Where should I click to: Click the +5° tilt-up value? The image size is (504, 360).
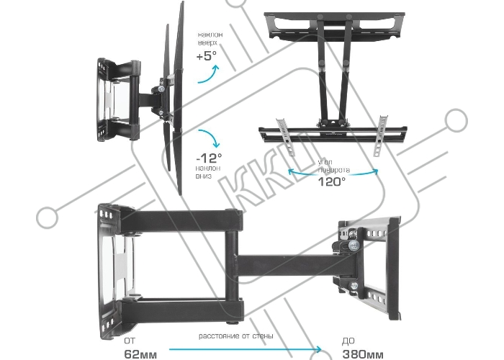[207, 56]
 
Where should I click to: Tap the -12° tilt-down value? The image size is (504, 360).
[209, 158]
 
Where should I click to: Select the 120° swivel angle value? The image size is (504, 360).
[331, 181]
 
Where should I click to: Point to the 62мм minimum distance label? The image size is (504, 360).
[140, 354]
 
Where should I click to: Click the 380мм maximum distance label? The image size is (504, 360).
[363, 354]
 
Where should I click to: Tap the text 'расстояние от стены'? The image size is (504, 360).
[236, 336]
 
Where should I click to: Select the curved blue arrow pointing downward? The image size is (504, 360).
[210, 138]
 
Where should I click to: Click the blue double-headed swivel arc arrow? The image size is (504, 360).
[333, 174]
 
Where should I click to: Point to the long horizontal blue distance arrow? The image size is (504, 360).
[245, 349]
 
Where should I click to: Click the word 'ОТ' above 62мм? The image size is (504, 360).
[130, 341]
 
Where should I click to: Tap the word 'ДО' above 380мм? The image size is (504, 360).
[348, 341]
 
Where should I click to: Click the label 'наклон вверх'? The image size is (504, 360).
[210, 38]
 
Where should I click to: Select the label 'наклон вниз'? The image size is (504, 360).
[208, 172]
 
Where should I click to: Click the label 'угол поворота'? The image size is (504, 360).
[333, 166]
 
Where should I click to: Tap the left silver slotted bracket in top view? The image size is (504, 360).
[286, 137]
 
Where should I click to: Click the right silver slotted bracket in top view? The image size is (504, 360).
[381, 135]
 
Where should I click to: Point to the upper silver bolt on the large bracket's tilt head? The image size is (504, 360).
[354, 246]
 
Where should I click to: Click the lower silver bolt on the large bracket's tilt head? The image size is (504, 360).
[354, 286]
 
